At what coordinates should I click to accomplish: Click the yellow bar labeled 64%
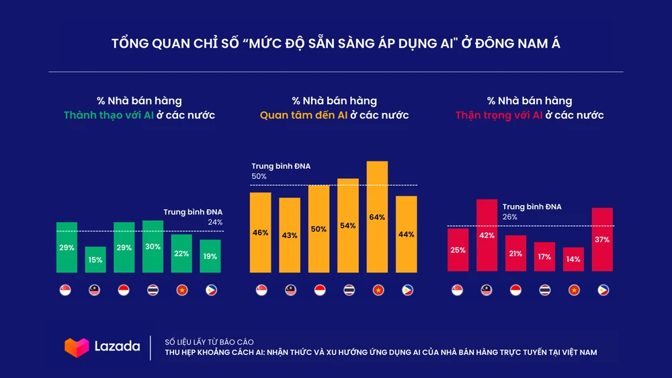point(377,217)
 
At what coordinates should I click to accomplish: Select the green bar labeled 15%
point(95,260)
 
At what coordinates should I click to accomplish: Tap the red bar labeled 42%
point(487,235)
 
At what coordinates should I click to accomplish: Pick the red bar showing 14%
point(573,259)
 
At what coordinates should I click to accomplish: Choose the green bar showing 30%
point(153,246)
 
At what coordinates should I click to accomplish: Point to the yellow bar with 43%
point(290,235)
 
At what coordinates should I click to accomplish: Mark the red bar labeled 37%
point(602,239)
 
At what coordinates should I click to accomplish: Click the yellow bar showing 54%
point(348,225)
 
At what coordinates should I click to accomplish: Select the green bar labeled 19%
point(210,256)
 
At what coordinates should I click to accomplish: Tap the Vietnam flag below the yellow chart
point(377,290)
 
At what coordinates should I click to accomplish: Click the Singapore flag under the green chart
point(67,290)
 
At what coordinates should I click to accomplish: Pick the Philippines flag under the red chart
point(602,290)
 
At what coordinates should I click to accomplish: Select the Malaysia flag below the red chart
point(487,290)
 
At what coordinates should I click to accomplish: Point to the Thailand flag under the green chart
point(153,290)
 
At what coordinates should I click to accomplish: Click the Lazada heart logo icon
point(77,347)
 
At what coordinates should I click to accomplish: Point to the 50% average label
point(259,176)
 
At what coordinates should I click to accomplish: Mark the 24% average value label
point(215,222)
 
